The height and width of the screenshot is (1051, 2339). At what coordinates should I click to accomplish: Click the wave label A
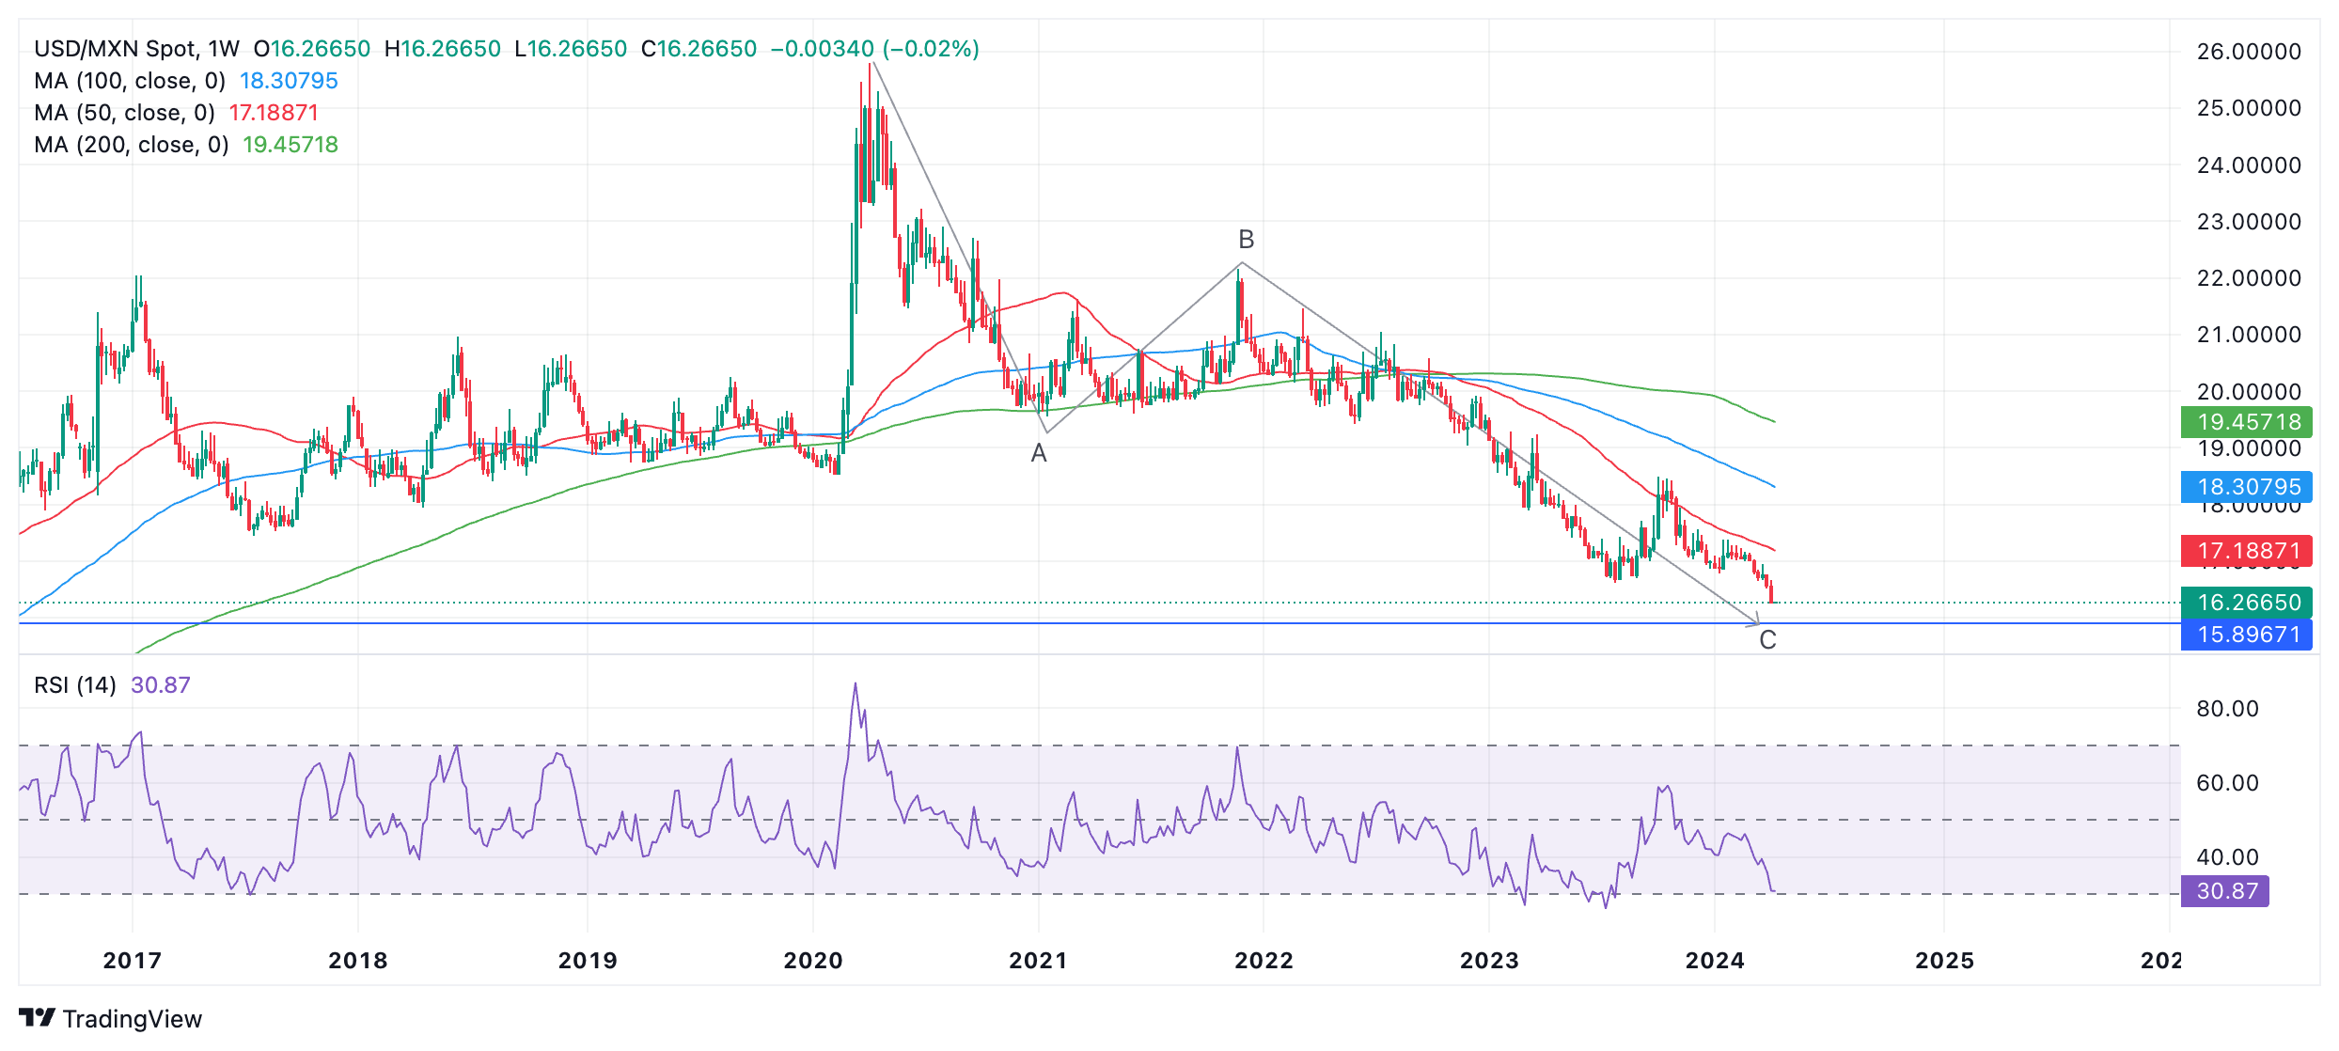[1038, 453]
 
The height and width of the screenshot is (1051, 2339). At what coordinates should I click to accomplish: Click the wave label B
[1246, 240]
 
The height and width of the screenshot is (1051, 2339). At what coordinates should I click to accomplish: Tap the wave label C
[1767, 640]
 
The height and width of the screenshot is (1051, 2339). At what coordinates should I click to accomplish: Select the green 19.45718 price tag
[2248, 422]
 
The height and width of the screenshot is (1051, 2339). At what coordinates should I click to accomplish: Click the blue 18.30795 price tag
[2248, 487]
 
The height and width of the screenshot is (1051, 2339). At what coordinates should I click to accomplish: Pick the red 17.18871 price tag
[2248, 551]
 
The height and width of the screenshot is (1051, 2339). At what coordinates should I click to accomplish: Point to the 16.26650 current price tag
[2248, 603]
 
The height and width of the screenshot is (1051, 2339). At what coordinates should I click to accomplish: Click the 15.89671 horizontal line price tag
[2248, 635]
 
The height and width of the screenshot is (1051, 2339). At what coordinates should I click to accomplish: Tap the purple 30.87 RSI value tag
[2225, 891]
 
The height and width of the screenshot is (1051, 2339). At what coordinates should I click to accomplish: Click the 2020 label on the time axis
[813, 961]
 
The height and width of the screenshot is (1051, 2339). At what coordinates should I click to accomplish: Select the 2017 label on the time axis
[133, 961]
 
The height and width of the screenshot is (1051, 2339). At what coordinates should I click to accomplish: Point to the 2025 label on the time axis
[1944, 961]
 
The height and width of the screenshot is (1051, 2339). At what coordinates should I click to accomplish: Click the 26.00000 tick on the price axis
[2248, 52]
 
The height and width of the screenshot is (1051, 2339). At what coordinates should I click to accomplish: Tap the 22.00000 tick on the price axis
[2248, 278]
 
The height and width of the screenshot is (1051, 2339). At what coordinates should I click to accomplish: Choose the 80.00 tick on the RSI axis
[2226, 709]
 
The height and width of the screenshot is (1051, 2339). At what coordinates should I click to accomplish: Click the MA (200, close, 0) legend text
[132, 145]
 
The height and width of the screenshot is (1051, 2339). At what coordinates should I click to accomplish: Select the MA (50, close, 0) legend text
[124, 113]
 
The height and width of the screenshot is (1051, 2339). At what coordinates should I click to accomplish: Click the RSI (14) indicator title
[75, 685]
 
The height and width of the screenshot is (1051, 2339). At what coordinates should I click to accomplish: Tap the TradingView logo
[111, 1019]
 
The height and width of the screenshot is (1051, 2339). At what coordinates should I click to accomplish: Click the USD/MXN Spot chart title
[136, 49]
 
